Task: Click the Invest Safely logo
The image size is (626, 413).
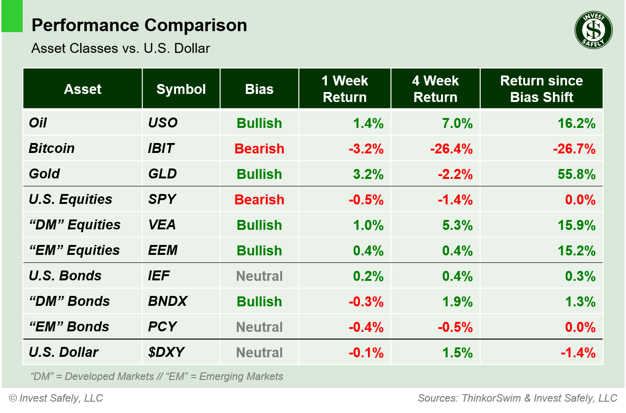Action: coord(593,30)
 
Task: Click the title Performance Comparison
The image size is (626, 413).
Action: coord(139,25)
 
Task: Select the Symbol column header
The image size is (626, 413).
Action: coord(181,89)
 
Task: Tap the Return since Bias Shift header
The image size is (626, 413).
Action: coord(541,89)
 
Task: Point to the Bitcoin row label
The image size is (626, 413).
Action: coord(51,148)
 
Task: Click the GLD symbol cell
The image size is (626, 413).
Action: coord(162,174)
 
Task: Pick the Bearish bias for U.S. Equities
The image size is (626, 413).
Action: coord(259,200)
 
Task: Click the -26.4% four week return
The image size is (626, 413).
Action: coord(451,149)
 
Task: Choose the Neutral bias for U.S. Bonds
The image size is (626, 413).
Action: coord(259,276)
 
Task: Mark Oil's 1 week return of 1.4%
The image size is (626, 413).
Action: coord(368,123)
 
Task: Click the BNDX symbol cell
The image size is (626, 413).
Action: coord(167,301)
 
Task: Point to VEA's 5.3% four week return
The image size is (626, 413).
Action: coord(457,225)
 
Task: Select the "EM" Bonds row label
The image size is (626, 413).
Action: coord(69,327)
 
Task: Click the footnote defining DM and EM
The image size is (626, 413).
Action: coord(157,377)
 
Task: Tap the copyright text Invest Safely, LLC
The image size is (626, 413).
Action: coord(56,398)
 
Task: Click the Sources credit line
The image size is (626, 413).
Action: coord(517,398)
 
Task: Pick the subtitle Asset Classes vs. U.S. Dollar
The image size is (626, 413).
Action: coord(120,48)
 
